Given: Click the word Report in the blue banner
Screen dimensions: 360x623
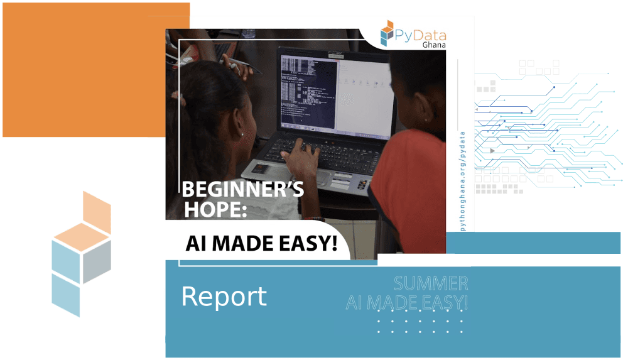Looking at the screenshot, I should [224, 297].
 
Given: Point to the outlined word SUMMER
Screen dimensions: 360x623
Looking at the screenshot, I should [431, 283].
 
